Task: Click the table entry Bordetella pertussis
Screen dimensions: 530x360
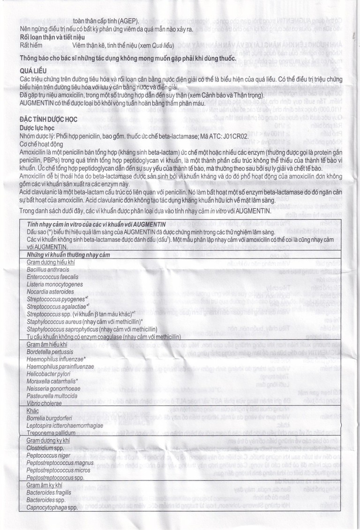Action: pyautogui.click(x=52, y=351)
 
